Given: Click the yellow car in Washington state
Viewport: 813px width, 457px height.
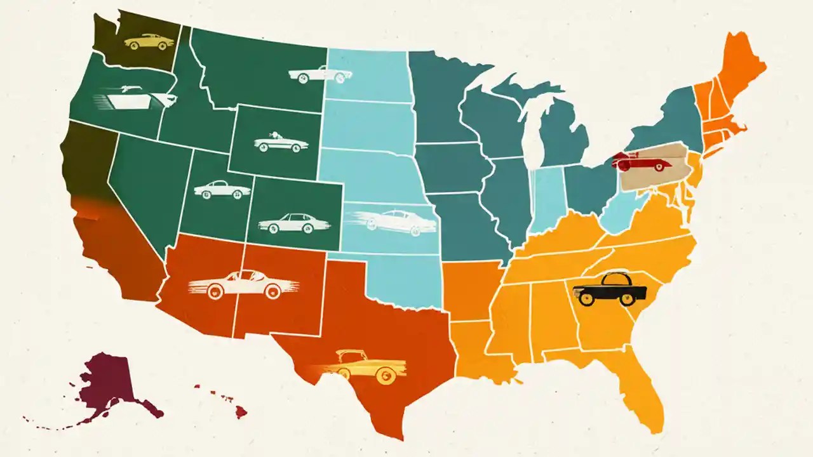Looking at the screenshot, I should (x=149, y=42).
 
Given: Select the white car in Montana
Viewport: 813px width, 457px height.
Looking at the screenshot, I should (x=319, y=75).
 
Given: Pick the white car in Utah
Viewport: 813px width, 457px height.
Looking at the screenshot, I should (x=213, y=189).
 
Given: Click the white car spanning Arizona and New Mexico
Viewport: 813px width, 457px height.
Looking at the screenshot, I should (x=243, y=283).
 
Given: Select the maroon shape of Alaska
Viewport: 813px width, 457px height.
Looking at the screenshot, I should (x=108, y=384).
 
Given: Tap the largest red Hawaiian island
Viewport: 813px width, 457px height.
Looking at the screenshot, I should (x=240, y=412).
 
